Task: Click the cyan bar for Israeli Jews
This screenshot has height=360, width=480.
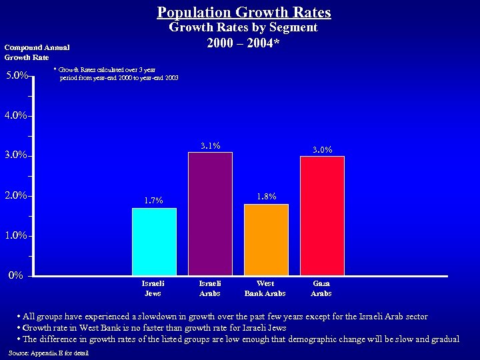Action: point(154,241)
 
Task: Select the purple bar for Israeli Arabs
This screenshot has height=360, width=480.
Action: point(210,213)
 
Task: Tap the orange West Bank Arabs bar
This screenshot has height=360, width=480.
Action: point(266,239)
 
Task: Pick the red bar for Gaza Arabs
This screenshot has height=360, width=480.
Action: point(322,215)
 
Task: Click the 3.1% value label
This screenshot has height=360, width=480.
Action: point(211,146)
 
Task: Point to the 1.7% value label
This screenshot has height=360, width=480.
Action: point(153,201)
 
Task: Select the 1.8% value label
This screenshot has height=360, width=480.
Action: point(267,197)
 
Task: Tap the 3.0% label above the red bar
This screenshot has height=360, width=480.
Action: point(323,150)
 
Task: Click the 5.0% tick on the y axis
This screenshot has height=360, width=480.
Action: point(16,75)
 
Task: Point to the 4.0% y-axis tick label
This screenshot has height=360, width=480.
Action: point(15,115)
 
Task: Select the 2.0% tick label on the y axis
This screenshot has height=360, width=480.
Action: point(15,195)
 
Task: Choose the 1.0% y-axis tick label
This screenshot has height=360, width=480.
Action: point(15,235)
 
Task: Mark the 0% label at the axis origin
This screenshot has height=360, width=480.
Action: point(16,275)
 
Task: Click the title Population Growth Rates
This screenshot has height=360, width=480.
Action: point(244,12)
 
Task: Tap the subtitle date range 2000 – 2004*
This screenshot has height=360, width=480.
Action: point(243,43)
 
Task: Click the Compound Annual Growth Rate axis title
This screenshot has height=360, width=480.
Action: point(37,52)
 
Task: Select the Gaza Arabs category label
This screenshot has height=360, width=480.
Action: point(321,288)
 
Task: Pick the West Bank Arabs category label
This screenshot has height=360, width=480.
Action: point(265,288)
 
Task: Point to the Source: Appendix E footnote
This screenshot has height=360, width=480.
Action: point(49,353)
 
